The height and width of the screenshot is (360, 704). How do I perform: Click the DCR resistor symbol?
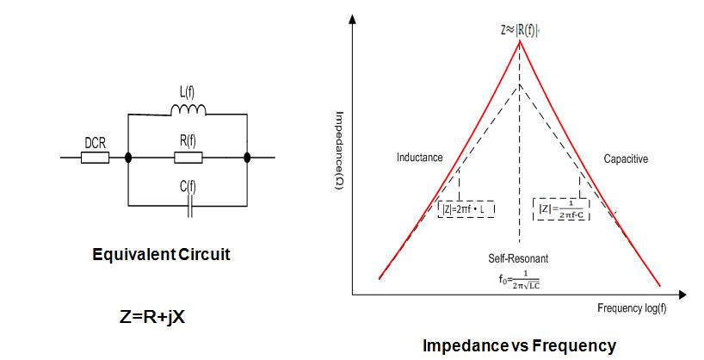tap(95, 158)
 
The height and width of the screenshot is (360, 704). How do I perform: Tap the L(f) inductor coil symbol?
tap(188, 110)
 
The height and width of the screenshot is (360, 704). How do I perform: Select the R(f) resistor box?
tap(188, 158)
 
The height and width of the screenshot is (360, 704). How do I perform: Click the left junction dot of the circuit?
tap(128, 158)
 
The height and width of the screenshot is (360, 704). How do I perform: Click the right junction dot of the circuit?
tap(248, 158)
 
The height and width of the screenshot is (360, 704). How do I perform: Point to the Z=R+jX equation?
tap(152, 316)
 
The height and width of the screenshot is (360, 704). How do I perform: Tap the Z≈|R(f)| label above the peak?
tap(519, 28)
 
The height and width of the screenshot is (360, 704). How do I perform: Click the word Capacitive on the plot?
tap(626, 158)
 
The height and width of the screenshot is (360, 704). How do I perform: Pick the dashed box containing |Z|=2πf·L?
tap(466, 208)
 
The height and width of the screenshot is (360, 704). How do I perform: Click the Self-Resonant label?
tap(518, 258)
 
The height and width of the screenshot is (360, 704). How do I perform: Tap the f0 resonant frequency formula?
tap(518, 279)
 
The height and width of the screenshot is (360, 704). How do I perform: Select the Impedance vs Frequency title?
tap(519, 345)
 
